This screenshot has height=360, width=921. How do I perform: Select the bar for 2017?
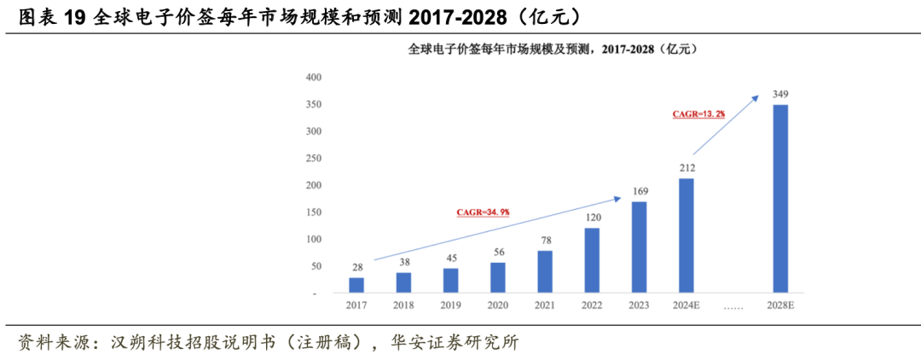[x=356, y=285]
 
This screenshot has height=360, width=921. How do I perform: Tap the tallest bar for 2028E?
[x=779, y=199]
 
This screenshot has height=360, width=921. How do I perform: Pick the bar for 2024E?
[x=686, y=235]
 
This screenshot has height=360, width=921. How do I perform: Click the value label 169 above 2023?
[x=640, y=191]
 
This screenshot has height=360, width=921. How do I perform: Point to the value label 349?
[x=779, y=93]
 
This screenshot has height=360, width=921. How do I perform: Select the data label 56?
[x=498, y=252]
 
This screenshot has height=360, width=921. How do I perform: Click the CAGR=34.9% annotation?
[x=482, y=211]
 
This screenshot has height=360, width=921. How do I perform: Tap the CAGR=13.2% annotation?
[x=698, y=113]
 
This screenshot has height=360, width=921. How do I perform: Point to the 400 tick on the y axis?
[x=313, y=78]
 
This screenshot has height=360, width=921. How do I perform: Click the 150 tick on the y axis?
[x=313, y=212]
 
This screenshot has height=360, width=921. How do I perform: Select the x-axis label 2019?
[x=451, y=305]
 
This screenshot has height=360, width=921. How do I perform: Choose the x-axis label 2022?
[x=593, y=305]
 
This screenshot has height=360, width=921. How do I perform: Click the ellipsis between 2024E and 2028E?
[x=733, y=305]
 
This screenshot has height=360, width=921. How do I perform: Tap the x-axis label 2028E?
[x=780, y=305]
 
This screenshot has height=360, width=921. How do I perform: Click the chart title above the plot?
[x=553, y=49]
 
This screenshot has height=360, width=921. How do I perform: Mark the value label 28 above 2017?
[x=356, y=267]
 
